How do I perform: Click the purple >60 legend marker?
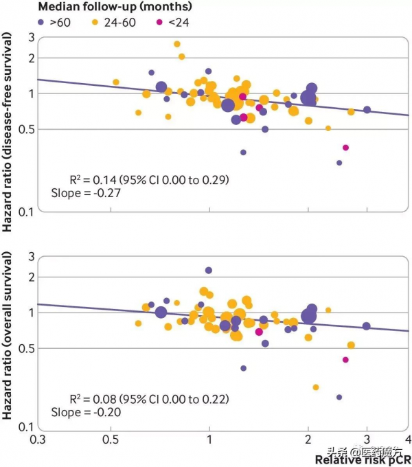(41, 23)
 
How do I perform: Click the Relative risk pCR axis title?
(363, 458)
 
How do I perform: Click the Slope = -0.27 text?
(81, 194)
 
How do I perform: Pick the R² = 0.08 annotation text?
(149, 399)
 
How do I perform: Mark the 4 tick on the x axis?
(409, 439)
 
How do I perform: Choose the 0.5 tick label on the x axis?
(110, 439)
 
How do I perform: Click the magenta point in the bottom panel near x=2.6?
(345, 360)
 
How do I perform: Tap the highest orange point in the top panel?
(177, 44)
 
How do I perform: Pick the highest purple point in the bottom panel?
(209, 271)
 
